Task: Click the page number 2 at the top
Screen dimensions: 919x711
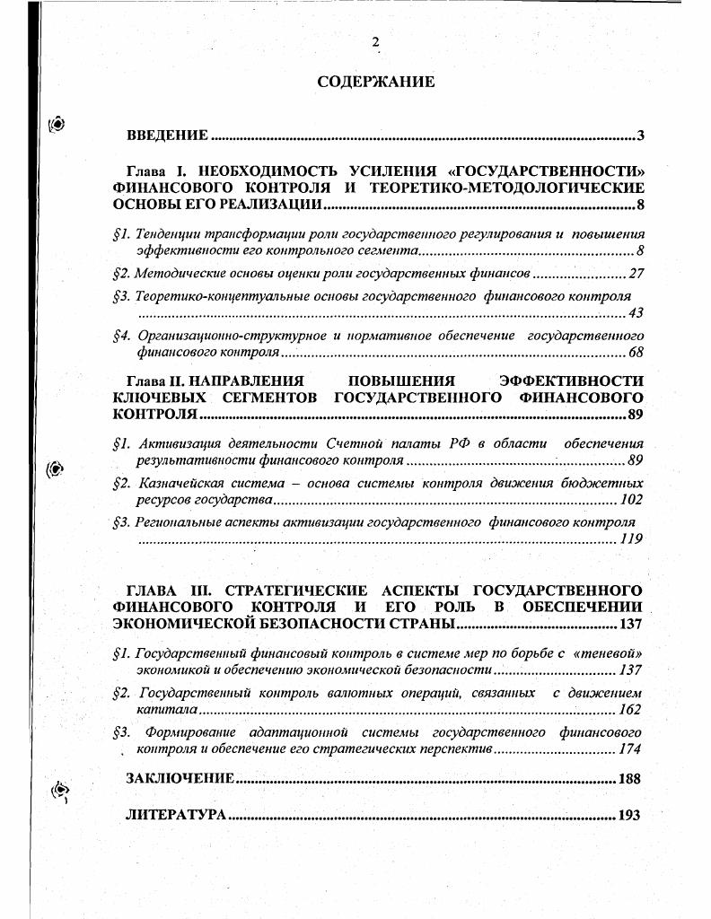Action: pyautogui.click(x=376, y=42)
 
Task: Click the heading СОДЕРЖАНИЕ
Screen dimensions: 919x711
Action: pyautogui.click(x=375, y=82)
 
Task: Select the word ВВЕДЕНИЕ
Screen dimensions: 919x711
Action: pyautogui.click(x=168, y=136)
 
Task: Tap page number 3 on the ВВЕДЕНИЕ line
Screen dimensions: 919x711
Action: pyautogui.click(x=640, y=136)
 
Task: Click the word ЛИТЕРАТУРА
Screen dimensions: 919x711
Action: pyautogui.click(x=176, y=816)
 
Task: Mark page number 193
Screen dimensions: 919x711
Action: pyautogui.click(x=630, y=816)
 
